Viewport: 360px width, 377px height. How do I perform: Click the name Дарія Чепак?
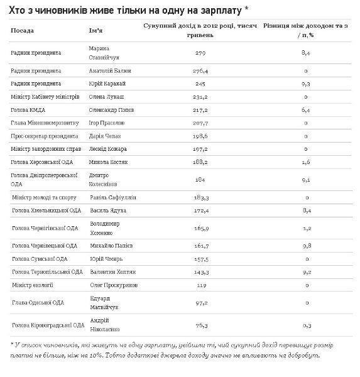pos(105,136)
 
